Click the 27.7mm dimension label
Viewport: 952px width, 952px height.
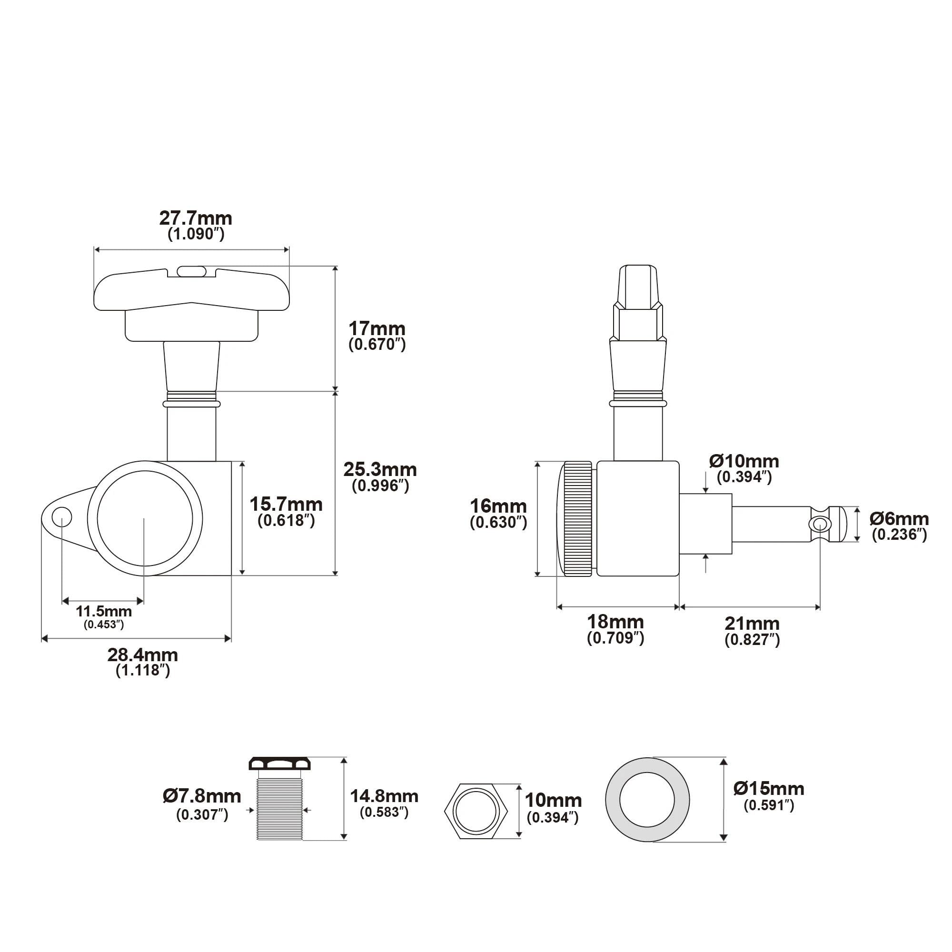pyautogui.click(x=196, y=218)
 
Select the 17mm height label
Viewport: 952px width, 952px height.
pyautogui.click(x=377, y=328)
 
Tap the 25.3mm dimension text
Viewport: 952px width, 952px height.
pyautogui.click(x=380, y=470)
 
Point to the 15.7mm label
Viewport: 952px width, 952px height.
pyautogui.click(x=286, y=504)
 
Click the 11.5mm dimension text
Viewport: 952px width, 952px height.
pyautogui.click(x=103, y=612)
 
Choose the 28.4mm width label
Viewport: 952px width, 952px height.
pyautogui.click(x=142, y=655)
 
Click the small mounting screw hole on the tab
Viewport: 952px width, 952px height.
pyautogui.click(x=62, y=518)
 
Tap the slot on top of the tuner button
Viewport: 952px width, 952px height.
pyautogui.click(x=191, y=271)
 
